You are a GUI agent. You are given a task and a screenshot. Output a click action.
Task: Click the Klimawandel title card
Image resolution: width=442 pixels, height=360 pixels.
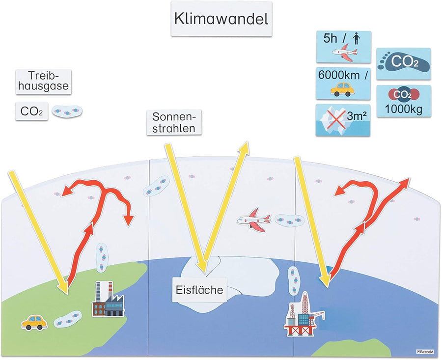(221, 20)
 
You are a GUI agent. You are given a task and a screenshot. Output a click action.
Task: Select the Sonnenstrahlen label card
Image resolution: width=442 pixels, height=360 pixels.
(174, 122)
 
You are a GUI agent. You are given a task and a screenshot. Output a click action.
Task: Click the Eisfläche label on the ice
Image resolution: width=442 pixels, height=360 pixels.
(199, 290)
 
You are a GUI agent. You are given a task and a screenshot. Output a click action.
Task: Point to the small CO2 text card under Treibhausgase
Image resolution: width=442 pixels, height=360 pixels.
(31, 111)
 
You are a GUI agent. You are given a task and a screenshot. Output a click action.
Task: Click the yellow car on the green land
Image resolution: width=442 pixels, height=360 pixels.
(34, 322)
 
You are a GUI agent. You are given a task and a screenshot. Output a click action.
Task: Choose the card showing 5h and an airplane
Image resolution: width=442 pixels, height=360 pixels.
(343, 47)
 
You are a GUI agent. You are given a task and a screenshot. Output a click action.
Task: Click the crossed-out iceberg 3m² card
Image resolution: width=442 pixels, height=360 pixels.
(343, 119)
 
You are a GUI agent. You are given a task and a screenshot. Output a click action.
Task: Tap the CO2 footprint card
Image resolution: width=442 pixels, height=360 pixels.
(404, 63)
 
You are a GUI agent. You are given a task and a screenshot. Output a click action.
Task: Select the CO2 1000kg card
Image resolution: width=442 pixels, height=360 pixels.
(404, 101)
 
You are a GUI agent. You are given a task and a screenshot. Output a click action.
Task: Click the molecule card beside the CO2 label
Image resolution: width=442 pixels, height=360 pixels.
(67, 112)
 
